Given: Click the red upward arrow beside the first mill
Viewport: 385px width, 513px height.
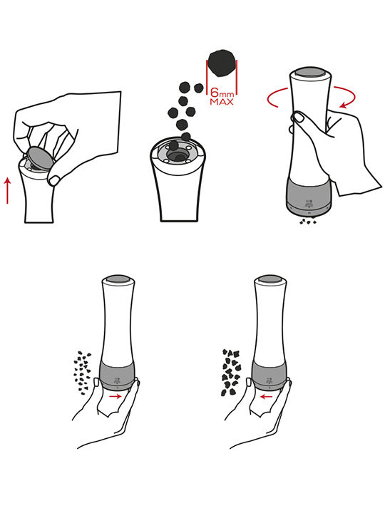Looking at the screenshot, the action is (8, 190).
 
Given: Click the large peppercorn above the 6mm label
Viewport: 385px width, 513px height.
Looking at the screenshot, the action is (222, 63).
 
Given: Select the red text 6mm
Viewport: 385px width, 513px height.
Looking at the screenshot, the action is (222, 92).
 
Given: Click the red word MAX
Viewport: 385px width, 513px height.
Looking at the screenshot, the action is (222, 102).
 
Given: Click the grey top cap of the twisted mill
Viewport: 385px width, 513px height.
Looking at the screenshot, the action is (310, 73).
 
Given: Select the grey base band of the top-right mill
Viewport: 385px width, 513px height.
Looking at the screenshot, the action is (309, 195).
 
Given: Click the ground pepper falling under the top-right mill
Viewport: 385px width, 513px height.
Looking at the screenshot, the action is (308, 221).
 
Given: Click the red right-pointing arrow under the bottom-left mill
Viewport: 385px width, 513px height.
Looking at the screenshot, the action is (115, 397).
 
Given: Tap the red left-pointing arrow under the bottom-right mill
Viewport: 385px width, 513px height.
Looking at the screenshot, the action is (267, 397).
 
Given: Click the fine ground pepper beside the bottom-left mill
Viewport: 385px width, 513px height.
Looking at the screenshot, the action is (82, 373).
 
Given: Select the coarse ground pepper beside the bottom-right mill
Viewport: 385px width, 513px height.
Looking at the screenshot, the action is (231, 373).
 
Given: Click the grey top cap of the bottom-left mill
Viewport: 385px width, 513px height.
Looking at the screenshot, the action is (118, 279).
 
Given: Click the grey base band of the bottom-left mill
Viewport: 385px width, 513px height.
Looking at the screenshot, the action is (117, 375).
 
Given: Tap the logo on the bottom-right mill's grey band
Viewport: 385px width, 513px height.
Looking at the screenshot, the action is (269, 380).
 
